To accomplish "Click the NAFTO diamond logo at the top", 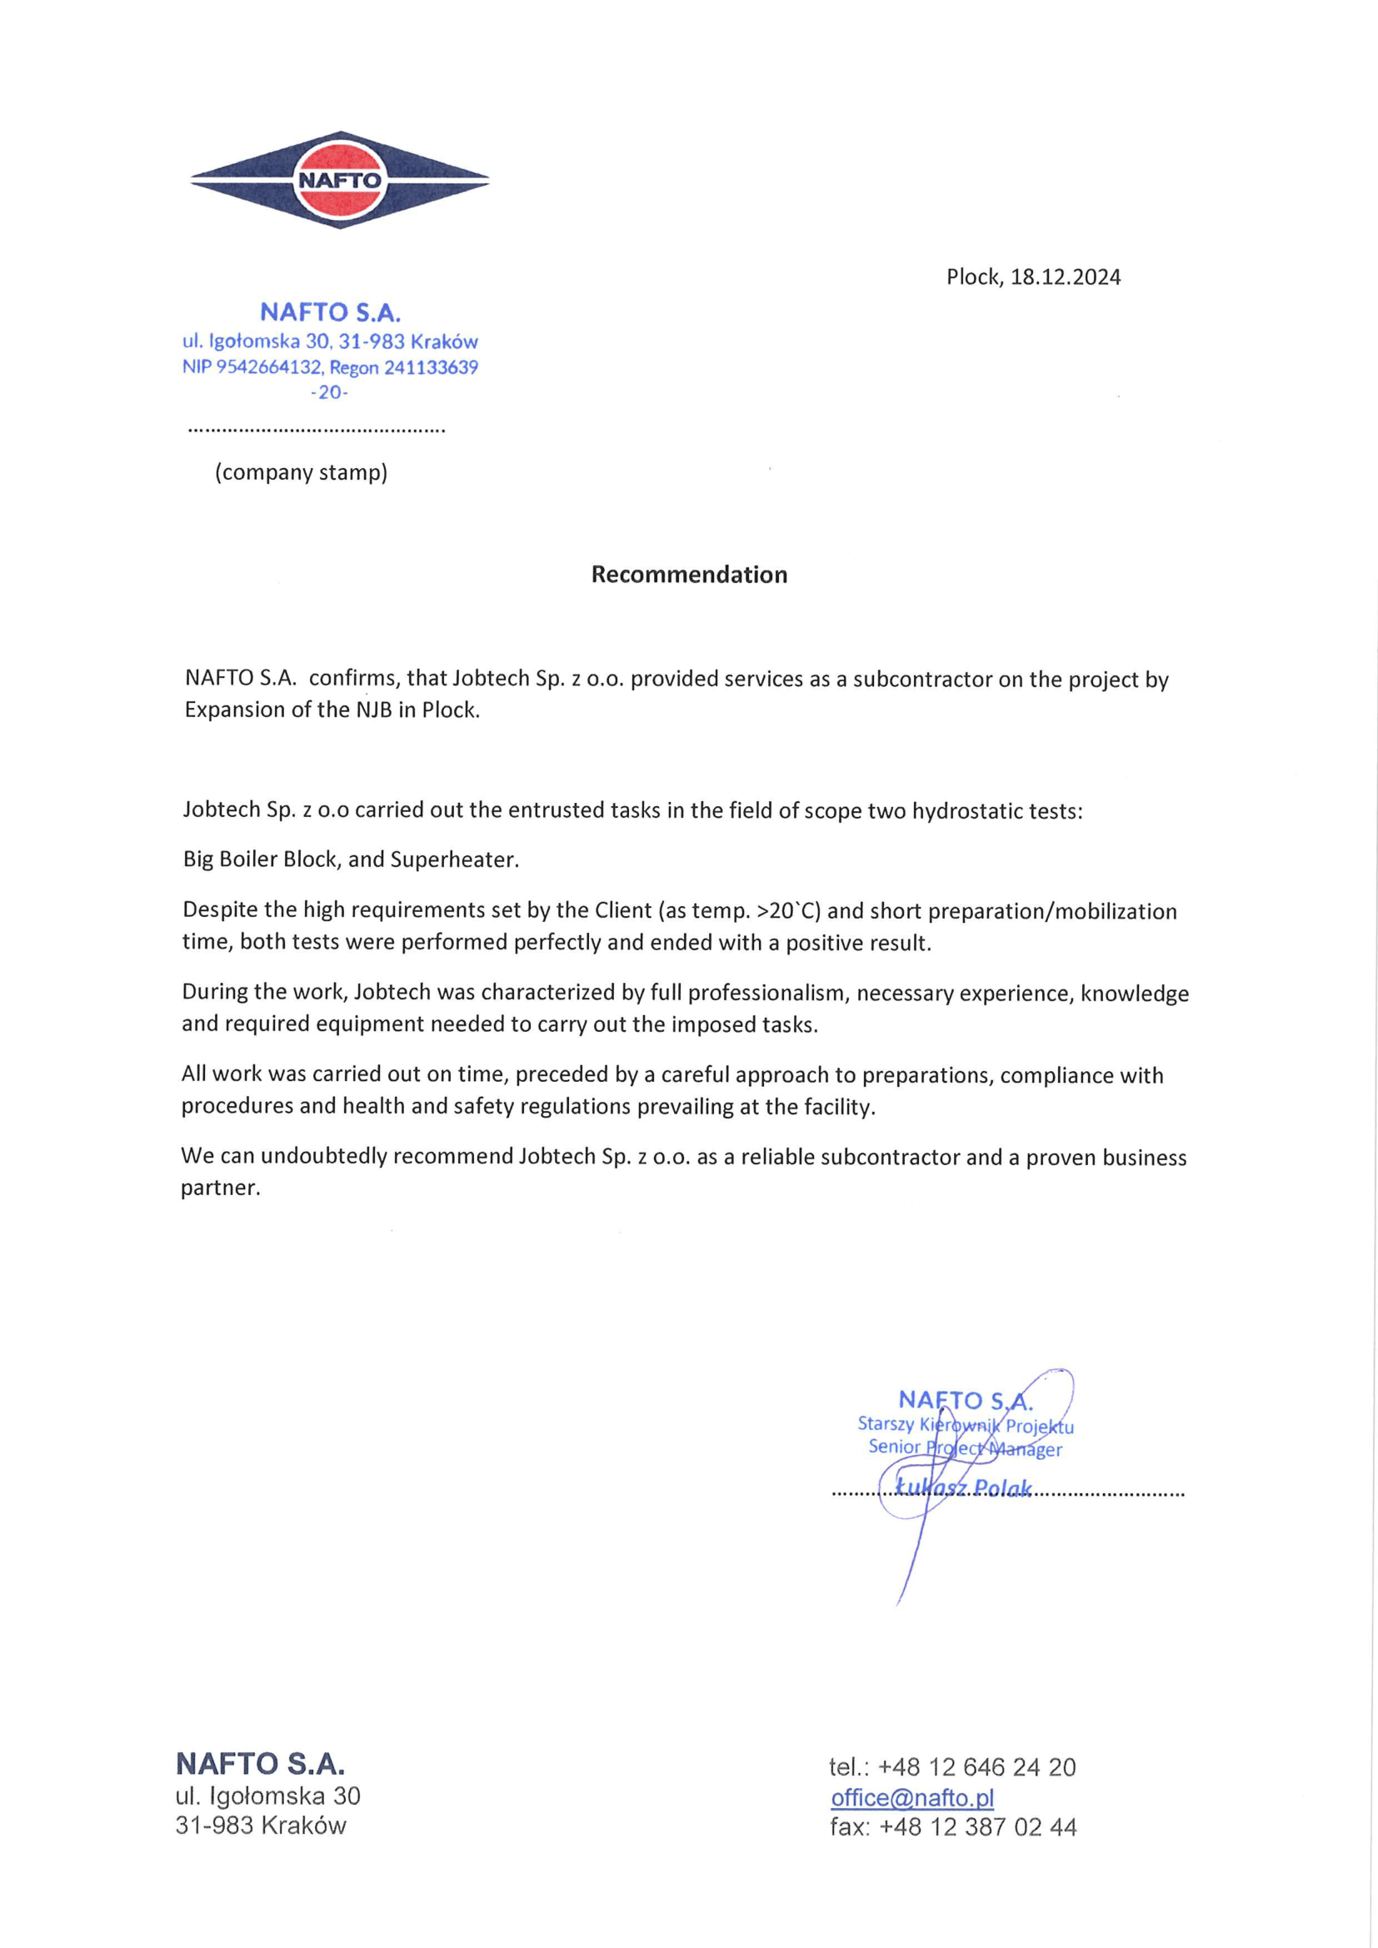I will pyautogui.click(x=339, y=180).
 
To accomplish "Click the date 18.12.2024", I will pyautogui.click(x=1065, y=277).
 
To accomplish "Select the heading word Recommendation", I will pyautogui.click(x=689, y=575).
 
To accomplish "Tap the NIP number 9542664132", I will pyautogui.click(x=270, y=367).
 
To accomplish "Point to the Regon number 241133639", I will pyautogui.click(x=431, y=367).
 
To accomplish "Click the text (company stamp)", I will pyautogui.click(x=302, y=471).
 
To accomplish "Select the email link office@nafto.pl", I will pyautogui.click(x=912, y=1797).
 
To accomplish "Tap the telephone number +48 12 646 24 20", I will pyautogui.click(x=976, y=1766).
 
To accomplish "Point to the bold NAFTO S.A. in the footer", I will pyautogui.click(x=260, y=1764).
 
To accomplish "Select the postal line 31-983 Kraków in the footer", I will pyautogui.click(x=261, y=1825).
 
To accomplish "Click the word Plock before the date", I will pyautogui.click(x=973, y=277).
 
